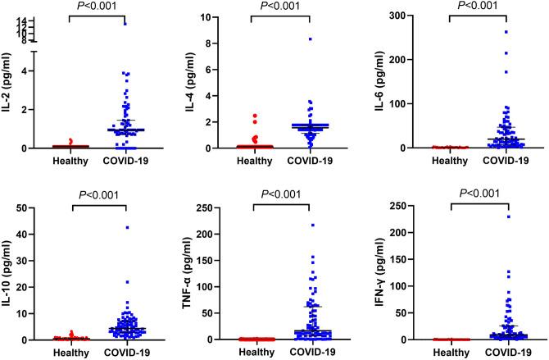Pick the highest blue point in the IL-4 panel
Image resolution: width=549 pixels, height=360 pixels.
pos(310,39)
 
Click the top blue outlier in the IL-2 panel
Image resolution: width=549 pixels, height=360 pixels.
pos(125,24)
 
